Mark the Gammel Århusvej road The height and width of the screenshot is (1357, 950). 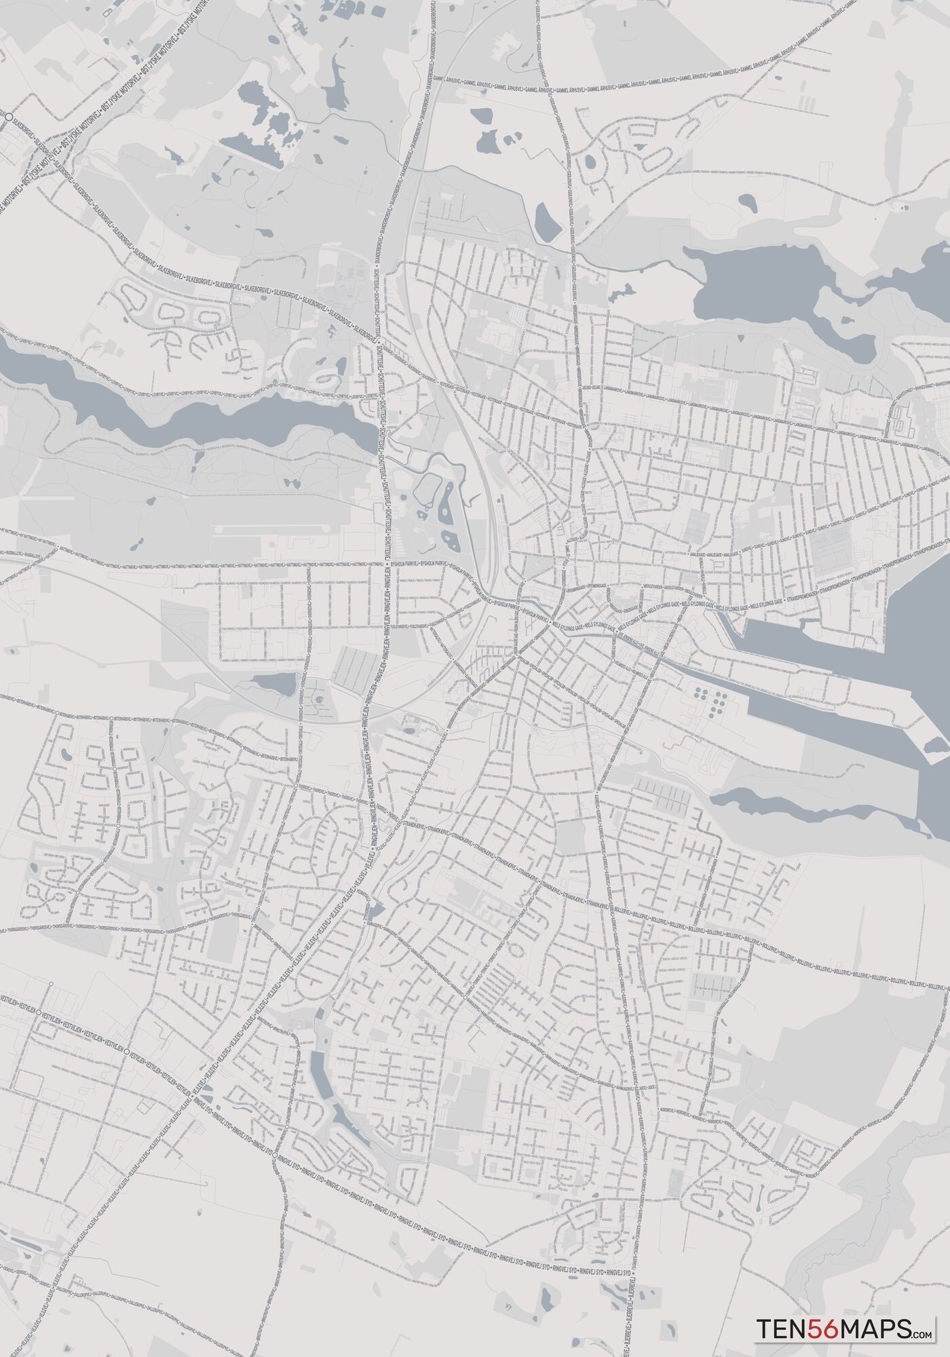(x=679, y=81)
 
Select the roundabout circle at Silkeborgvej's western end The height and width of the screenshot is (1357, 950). (x=7, y=117)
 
